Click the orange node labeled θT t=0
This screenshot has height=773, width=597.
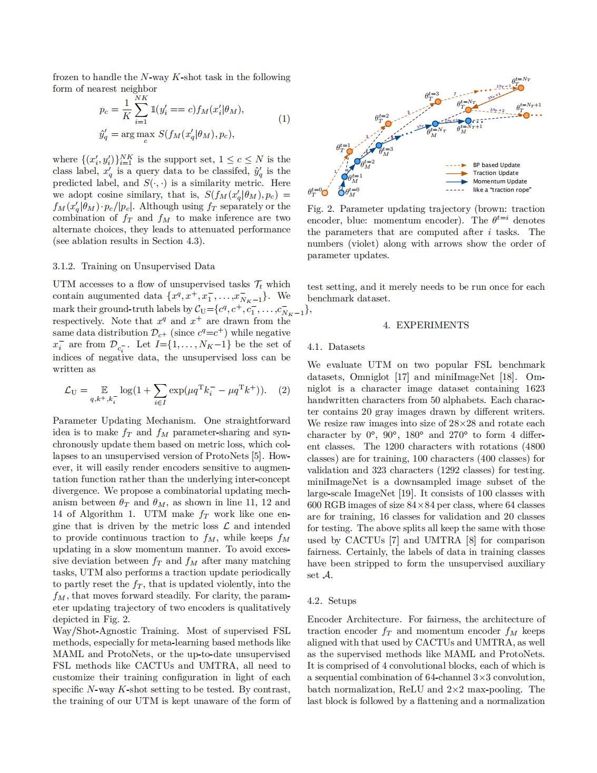[325, 192]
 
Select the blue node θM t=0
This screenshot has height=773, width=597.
[341, 192]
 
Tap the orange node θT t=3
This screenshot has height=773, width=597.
[437, 101]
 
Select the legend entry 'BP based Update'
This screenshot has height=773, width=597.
[496, 165]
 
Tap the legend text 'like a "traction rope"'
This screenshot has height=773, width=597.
[502, 190]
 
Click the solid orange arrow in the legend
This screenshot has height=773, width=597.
[456, 173]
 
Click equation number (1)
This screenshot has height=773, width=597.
[283, 119]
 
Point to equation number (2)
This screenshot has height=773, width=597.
[283, 390]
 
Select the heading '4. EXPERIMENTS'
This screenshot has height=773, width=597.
[426, 325]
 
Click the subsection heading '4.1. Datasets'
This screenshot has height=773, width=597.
[336, 347]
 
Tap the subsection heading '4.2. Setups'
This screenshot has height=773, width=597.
[331, 601]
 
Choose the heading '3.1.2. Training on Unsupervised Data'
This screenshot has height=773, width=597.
[133, 266]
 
